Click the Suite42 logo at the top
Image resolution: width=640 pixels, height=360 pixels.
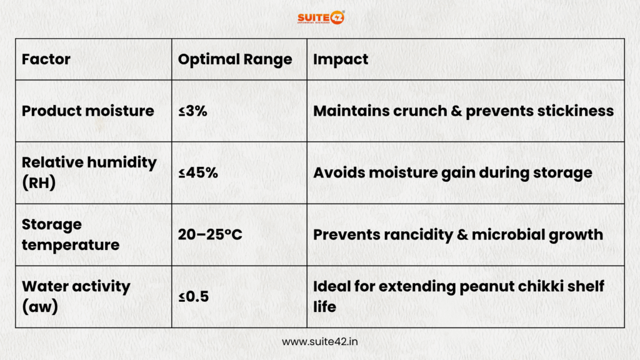[x=321, y=16]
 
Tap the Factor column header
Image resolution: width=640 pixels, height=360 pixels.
[x=46, y=59]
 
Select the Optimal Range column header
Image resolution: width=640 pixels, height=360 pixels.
[x=235, y=59]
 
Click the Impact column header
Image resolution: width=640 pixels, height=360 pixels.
[x=341, y=59]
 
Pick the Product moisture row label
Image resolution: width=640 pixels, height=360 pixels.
[x=87, y=111]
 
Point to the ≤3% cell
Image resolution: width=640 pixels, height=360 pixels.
[x=192, y=111]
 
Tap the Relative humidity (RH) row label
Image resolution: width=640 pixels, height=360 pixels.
[x=89, y=172]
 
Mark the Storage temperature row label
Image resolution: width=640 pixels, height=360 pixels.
[x=70, y=234]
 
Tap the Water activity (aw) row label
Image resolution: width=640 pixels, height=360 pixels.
[x=76, y=296]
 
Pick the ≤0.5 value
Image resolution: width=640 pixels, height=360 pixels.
[x=193, y=297]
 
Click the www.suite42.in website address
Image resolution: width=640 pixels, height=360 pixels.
[x=320, y=342]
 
